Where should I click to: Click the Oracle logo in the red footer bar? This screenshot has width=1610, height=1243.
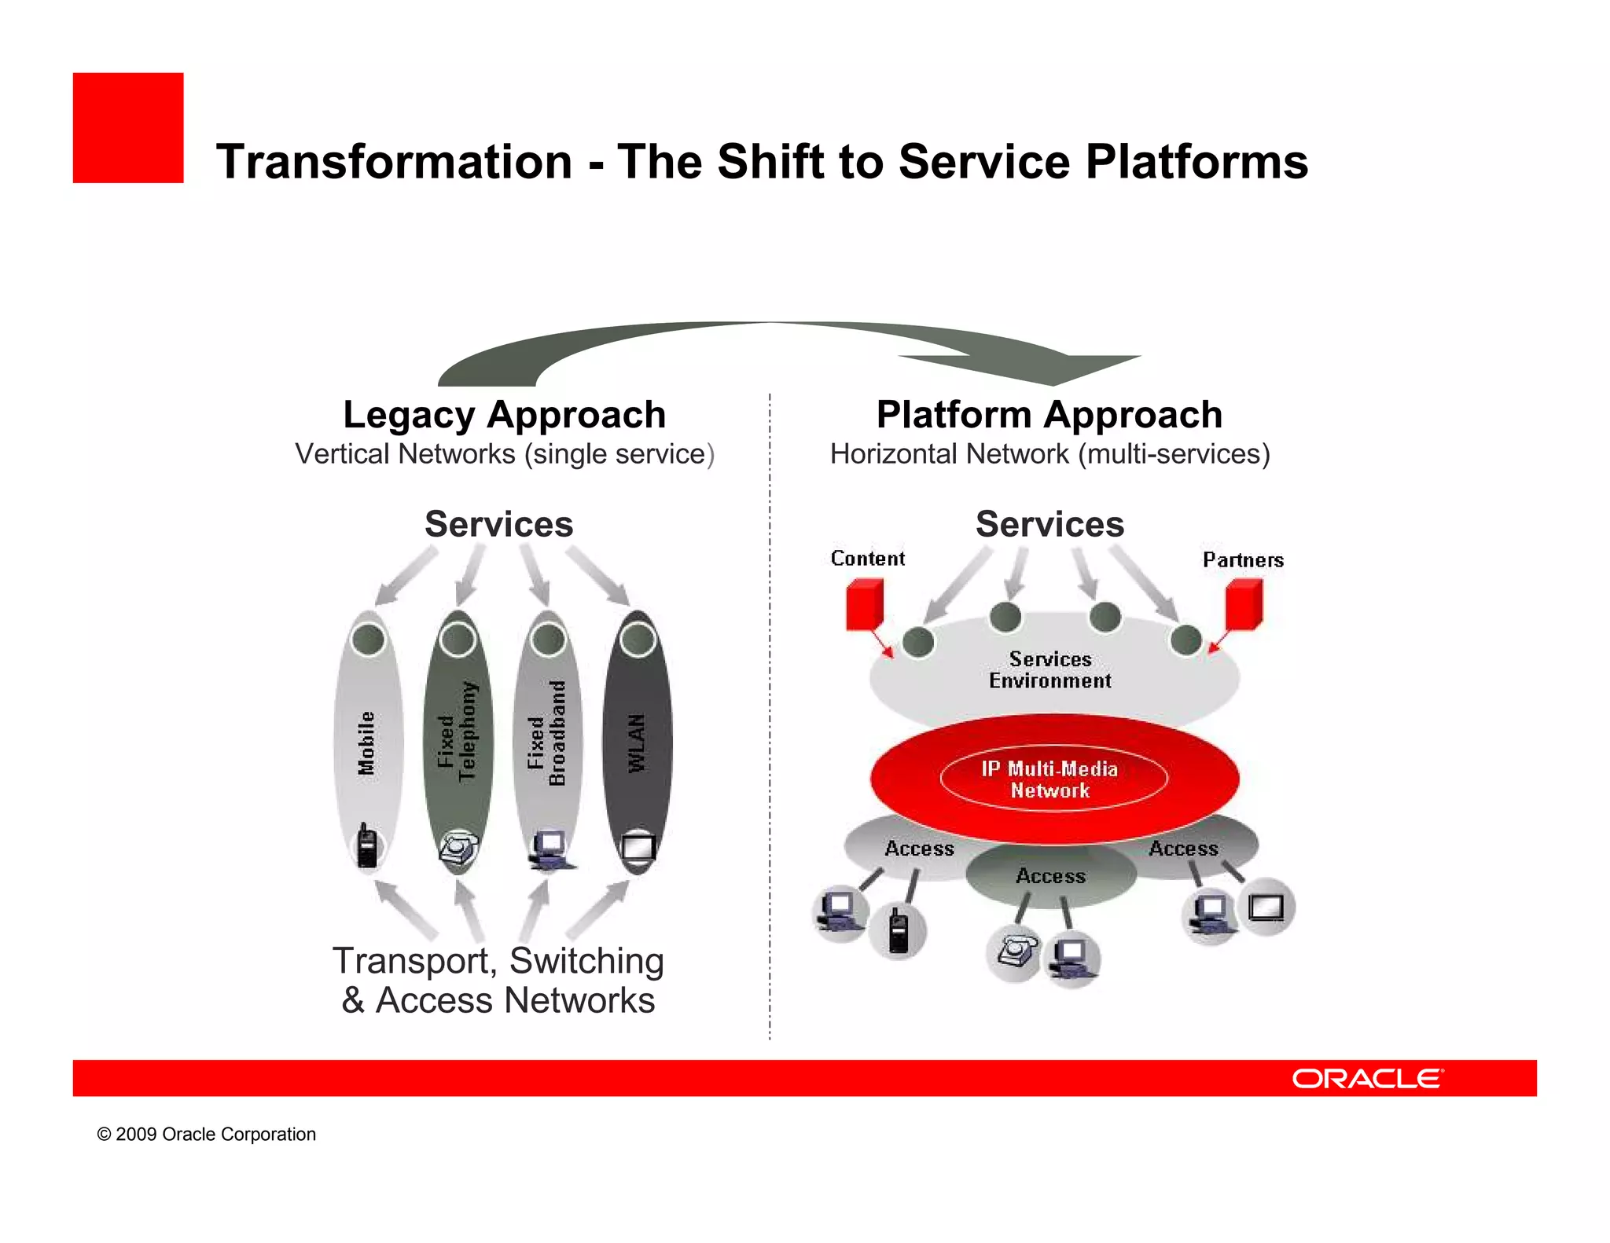point(1367,1078)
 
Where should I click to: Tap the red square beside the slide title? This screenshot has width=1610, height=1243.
point(128,128)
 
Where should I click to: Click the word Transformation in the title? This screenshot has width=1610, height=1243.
point(394,162)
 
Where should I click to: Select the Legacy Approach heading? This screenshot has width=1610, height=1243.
point(504,415)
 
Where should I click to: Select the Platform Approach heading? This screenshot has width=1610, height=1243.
point(1049,415)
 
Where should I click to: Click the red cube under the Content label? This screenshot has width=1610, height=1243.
point(864,603)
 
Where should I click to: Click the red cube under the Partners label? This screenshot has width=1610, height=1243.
point(1244,603)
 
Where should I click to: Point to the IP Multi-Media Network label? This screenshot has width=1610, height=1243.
point(1050,779)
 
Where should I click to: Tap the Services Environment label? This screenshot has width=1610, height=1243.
point(1050,670)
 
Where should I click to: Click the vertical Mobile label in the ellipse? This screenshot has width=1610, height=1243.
point(366,742)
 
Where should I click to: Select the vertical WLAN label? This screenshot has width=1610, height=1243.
point(637,742)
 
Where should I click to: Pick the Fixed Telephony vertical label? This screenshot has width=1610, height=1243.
point(457,731)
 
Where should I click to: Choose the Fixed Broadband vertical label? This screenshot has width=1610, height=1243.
point(547,732)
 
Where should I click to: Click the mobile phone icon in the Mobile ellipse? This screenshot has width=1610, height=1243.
point(366,846)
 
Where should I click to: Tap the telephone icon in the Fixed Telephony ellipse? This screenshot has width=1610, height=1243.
point(458,847)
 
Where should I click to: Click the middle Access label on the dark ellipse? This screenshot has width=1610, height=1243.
point(1050,876)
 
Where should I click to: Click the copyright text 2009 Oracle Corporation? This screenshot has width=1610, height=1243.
point(207,1134)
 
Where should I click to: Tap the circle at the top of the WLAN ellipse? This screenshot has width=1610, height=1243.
point(638,640)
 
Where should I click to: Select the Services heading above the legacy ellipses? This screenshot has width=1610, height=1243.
point(499,524)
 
